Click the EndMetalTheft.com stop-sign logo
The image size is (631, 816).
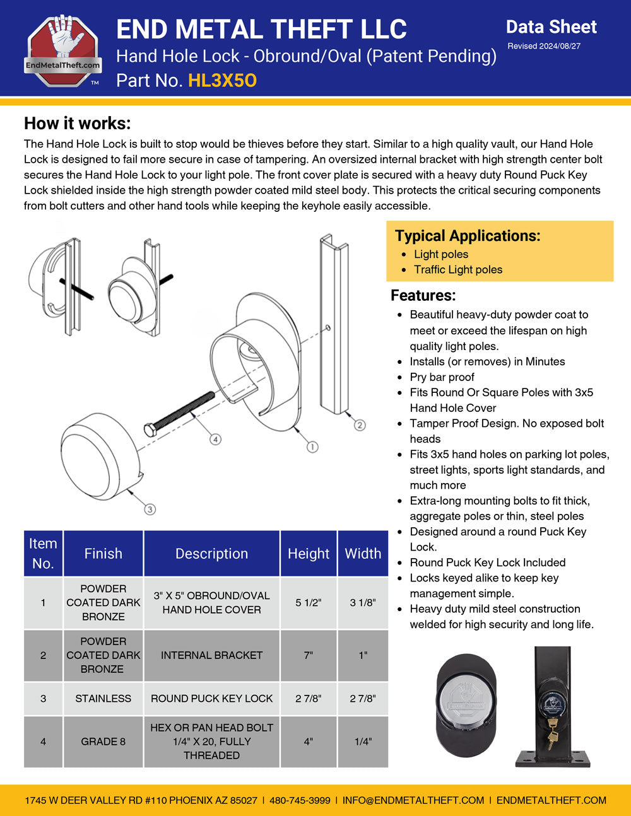[62, 50]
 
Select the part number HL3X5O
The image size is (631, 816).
[222, 81]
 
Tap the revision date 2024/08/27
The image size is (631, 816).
[559, 46]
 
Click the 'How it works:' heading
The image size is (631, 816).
[78, 123]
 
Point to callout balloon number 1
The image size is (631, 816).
[312, 447]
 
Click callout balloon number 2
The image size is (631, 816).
[360, 425]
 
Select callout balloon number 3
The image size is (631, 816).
[150, 509]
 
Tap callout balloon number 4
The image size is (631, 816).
[215, 439]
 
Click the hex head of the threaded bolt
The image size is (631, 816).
[150, 430]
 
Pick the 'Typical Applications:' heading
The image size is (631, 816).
[468, 236]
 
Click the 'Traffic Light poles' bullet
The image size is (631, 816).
[458, 269]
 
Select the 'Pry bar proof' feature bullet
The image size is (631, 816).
[442, 377]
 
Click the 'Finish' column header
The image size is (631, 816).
[103, 554]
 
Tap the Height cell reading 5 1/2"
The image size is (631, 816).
[309, 603]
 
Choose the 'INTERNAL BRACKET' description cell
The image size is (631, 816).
[211, 655]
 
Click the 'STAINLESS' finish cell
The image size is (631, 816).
[103, 699]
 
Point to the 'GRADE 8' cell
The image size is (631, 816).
[103, 742]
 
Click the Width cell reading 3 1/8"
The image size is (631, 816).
[363, 603]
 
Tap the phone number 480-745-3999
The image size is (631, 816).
[300, 800]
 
